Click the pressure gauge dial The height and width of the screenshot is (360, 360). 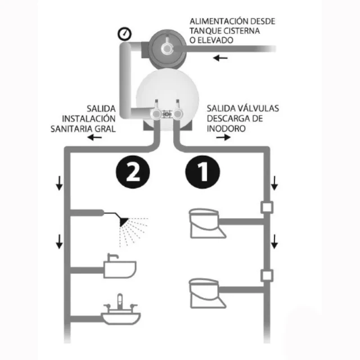pyautogui.click(x=124, y=34)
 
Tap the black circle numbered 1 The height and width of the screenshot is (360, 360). pyautogui.click(x=202, y=172)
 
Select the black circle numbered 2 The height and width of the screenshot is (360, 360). pyautogui.click(x=133, y=172)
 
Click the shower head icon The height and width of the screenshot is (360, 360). pyautogui.click(x=124, y=222)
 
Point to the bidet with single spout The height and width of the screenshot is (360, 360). pyautogui.click(x=120, y=266)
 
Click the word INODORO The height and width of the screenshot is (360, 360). pyautogui.click(x=226, y=129)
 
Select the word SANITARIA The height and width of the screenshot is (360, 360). pyautogui.click(x=71, y=129)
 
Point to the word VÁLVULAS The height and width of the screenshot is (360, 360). pyautogui.click(x=258, y=109)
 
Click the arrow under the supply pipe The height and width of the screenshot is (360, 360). pyautogui.click(x=220, y=58)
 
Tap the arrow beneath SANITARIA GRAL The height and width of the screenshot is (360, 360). pyautogui.click(x=94, y=137)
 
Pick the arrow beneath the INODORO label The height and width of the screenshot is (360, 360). pyautogui.click(x=223, y=137)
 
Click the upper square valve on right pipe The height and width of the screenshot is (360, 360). pyautogui.click(x=267, y=208)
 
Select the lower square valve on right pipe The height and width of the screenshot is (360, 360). pyautogui.click(x=267, y=276)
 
